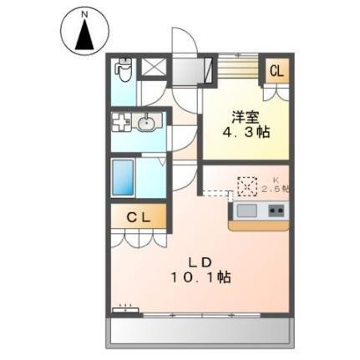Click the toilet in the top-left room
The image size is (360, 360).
point(124,69)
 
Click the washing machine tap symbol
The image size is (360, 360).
point(121,123)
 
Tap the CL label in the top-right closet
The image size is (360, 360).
point(276,72)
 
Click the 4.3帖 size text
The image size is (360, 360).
point(246,133)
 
